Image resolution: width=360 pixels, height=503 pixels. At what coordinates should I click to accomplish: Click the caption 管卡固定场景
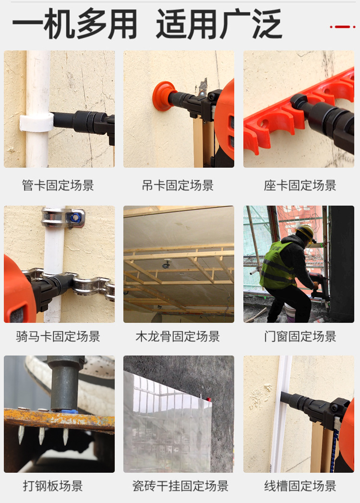tap(58, 185)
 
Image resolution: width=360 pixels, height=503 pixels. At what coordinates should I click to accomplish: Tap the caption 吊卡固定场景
tap(178, 185)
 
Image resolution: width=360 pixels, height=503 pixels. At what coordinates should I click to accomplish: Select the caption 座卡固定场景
tap(300, 185)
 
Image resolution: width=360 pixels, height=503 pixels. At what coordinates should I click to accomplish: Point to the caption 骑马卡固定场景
tap(58, 336)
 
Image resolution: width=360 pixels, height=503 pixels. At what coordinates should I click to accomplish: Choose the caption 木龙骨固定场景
tap(178, 336)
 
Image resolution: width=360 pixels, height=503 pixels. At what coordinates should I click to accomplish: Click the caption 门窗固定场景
tap(300, 336)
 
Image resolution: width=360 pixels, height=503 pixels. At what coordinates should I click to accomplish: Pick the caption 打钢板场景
tap(53, 486)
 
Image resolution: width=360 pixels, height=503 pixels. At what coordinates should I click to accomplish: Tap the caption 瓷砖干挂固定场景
tap(180, 486)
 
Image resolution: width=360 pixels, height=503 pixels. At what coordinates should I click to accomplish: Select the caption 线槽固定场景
tap(300, 486)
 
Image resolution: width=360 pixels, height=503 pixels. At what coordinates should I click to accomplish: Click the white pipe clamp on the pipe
tap(36, 123)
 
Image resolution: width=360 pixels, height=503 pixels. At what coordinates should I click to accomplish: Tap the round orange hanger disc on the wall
tap(163, 96)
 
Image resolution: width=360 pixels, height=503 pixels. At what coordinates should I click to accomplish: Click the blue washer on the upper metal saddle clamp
tap(76, 218)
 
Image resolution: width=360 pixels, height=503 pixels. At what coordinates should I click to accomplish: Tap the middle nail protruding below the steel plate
tap(42, 435)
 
